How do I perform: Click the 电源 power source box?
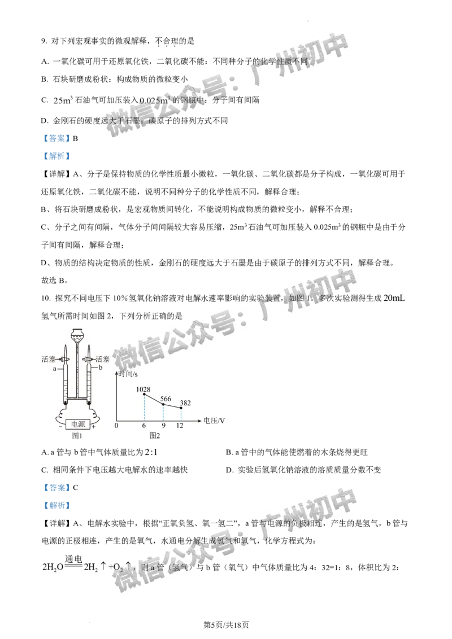pos(77,423)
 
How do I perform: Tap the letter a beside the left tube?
pos(55,369)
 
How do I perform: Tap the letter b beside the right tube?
pos(100,367)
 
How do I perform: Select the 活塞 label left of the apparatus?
pos(49,359)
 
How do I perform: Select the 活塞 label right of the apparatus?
pos(102,359)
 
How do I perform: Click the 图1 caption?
pos(77,436)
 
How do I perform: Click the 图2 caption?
pos(155,436)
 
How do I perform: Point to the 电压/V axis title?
pos(214,421)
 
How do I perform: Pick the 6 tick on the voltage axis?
pos(144,426)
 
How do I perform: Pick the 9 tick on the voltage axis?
pos(163,426)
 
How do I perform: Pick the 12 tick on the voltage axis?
pos(180,426)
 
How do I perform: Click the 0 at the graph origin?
pos(116,426)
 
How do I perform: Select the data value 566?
pos(166,399)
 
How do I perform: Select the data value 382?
pos(185,402)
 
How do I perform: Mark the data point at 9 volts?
pos(163,404)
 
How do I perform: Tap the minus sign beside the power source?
pos(60,427)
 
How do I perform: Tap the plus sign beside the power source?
pos(94,427)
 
